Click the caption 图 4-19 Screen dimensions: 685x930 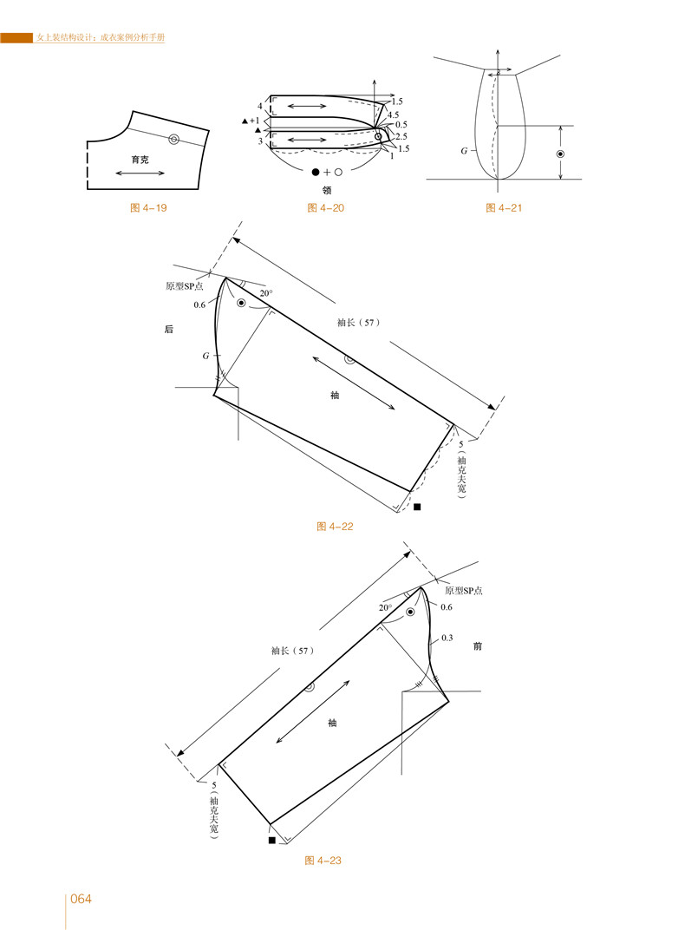148,208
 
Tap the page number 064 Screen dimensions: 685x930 82,899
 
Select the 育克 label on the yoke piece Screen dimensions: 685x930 140,160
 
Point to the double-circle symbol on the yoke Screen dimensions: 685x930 173,140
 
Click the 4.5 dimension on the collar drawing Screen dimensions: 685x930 393,115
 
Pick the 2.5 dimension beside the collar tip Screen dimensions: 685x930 401,136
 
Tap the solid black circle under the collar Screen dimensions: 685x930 316,172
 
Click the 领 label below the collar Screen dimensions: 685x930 327,190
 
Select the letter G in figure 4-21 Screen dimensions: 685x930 464,151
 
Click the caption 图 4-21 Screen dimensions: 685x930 504,208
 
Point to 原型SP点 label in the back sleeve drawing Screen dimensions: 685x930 185,286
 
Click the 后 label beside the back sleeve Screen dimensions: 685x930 169,329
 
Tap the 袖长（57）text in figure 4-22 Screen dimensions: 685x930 358,323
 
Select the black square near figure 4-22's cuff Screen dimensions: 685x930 417,508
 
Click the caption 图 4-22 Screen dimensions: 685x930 335,527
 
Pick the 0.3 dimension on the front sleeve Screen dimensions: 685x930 447,639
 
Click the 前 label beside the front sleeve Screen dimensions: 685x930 478,646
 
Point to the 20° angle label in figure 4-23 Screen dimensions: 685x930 385,608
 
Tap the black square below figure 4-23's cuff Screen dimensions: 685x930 272,841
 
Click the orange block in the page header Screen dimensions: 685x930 16,38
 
